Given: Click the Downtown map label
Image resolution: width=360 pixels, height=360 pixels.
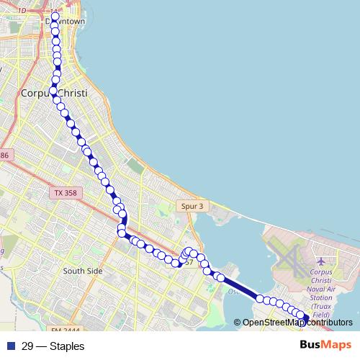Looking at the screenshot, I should tap(66, 22).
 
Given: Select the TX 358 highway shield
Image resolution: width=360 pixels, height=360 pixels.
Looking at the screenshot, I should tap(68, 193).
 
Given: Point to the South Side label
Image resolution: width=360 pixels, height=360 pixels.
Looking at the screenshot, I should tap(84, 271).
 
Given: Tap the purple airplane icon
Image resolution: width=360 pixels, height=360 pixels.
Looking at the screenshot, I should tap(320, 259).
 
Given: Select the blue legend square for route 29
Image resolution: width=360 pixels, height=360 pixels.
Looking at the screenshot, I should tap(9, 346).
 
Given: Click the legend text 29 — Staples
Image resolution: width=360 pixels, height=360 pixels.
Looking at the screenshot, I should tap(53, 346).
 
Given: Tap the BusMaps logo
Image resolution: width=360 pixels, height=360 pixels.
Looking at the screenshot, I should tap(325, 346).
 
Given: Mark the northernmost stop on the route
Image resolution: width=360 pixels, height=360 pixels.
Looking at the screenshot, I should tap(55, 15).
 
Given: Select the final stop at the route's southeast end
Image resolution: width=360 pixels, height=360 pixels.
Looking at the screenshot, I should tap(305, 318).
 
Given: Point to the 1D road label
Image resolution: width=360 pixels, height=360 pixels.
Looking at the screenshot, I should tap(22, 10).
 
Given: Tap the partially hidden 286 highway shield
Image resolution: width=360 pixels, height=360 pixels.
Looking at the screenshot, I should tap(4, 156).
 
